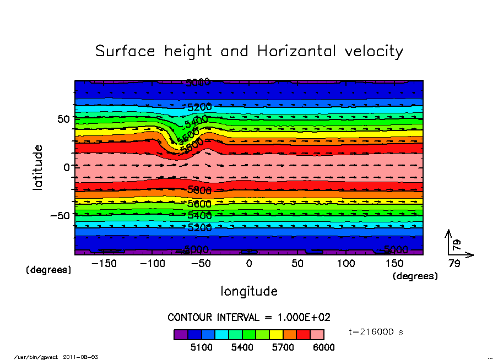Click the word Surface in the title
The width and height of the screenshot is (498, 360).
(x=126, y=51)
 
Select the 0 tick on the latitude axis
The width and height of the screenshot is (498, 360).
(x=67, y=167)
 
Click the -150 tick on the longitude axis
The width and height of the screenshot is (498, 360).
(x=104, y=264)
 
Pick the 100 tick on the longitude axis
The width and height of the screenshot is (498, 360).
(x=346, y=264)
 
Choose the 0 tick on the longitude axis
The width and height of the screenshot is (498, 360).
(x=249, y=264)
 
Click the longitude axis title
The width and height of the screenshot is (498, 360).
(x=249, y=291)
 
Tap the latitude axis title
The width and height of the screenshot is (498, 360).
(x=38, y=167)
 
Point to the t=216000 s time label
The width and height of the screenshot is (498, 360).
(x=380, y=332)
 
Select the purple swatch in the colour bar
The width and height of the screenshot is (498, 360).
(x=181, y=334)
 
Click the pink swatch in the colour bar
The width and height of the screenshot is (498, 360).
(x=317, y=334)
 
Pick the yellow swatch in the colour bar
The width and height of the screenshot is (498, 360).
(x=276, y=334)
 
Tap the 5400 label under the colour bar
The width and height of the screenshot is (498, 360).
(x=242, y=347)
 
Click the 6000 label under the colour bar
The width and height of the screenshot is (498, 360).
(x=324, y=347)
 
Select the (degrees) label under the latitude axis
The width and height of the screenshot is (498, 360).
(x=49, y=270)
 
